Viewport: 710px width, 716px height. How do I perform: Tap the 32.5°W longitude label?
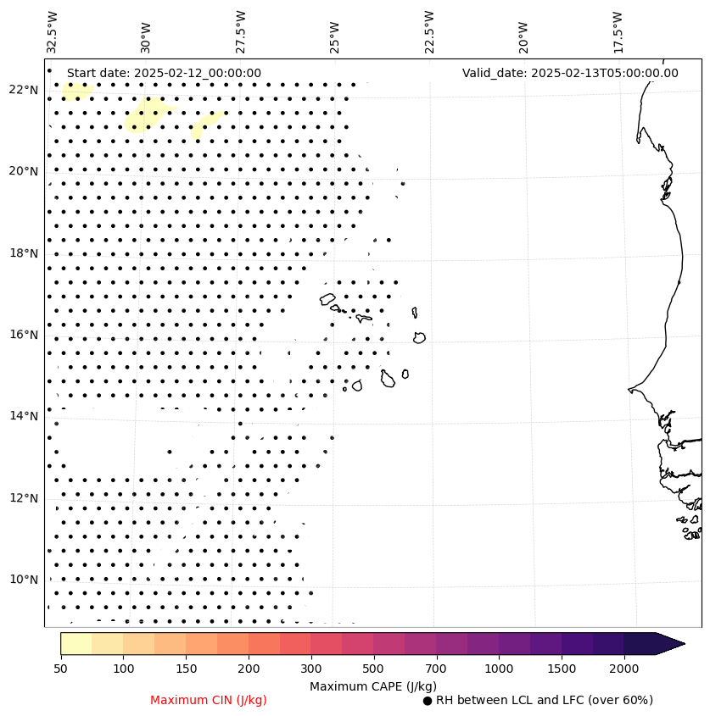tap(53, 31)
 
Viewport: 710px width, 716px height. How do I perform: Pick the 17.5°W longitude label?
tap(618, 31)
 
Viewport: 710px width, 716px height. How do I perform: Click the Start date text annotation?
tap(164, 73)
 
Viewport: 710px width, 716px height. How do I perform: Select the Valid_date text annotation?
tap(570, 73)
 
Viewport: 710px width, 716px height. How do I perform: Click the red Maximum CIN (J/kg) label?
tap(209, 700)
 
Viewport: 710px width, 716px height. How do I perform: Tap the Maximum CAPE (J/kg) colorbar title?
tap(373, 685)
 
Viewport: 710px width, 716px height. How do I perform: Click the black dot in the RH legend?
tap(428, 701)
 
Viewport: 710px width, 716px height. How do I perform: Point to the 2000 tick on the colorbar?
tap(624, 669)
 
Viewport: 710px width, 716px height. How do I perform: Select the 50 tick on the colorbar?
tap(60, 669)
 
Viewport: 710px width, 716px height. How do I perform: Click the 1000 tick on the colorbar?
tap(499, 669)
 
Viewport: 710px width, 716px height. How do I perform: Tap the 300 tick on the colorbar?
tap(310, 669)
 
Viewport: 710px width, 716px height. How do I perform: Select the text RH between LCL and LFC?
tap(544, 700)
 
